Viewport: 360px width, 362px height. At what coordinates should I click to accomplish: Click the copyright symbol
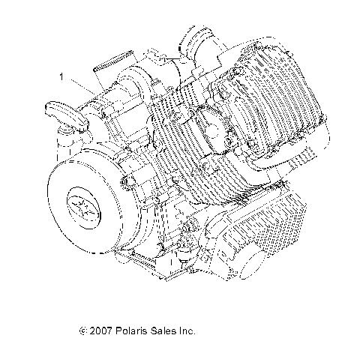pyautogui.click(x=82, y=330)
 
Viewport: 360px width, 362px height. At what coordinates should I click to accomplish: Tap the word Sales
pyautogui.click(x=165, y=330)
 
